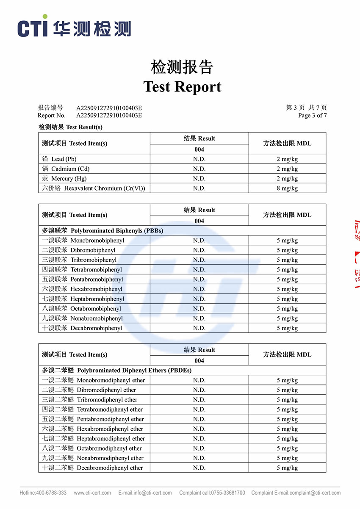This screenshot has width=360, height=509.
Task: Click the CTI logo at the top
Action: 74,27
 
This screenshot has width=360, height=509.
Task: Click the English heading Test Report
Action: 182,87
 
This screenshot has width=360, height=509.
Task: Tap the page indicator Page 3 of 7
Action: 312,115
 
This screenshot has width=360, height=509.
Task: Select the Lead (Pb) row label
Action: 59,159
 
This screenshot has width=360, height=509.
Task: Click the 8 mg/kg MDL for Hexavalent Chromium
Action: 287,188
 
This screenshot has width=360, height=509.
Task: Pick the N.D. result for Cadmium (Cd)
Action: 199,169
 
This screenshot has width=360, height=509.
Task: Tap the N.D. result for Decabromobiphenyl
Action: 199,328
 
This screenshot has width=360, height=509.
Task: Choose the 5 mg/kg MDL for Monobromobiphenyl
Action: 287,241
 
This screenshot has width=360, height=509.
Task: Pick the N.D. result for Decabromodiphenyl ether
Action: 199,468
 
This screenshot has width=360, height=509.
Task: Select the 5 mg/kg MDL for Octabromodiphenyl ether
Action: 287,448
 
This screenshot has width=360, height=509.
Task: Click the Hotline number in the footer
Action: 43,493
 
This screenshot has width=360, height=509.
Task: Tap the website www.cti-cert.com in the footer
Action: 92,493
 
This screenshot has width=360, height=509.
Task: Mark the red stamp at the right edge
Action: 356,254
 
